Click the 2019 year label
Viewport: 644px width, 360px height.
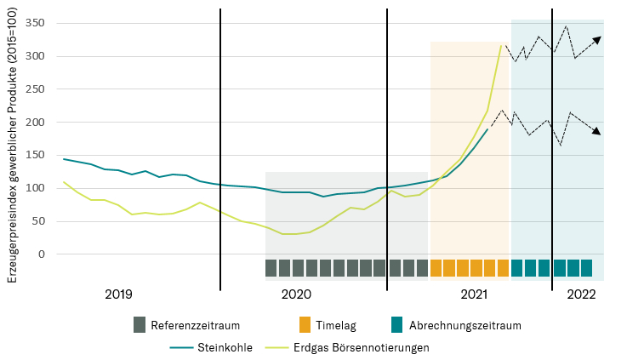tap(118, 294)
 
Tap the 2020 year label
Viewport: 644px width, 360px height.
tap(296, 294)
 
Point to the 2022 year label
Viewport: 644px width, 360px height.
tap(581, 294)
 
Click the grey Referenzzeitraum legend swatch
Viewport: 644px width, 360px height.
tap(140, 324)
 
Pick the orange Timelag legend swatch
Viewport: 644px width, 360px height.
tap(304, 324)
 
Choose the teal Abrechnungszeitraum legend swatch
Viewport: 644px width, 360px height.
tap(396, 324)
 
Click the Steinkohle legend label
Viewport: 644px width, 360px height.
tap(225, 347)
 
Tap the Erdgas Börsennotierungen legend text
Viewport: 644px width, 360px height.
tap(361, 347)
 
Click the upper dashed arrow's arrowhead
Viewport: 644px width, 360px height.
tap(597, 39)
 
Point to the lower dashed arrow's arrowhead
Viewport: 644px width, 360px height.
tap(596, 132)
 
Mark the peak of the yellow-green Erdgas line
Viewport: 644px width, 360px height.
tap(501, 45)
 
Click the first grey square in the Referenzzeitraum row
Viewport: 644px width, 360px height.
tap(271, 268)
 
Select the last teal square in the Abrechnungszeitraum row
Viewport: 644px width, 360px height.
tap(586, 268)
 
